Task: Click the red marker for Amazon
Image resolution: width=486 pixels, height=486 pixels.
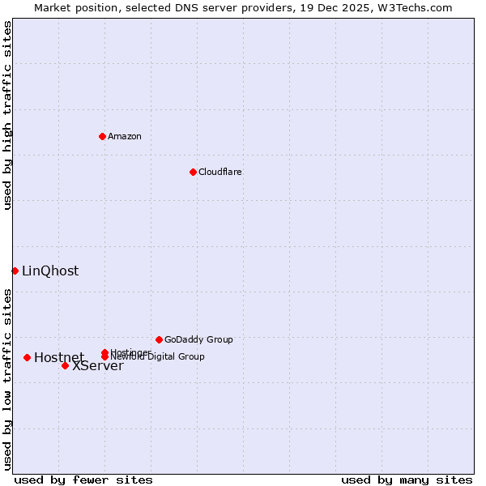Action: [x=102, y=136]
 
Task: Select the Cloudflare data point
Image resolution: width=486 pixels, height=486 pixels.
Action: [x=193, y=172]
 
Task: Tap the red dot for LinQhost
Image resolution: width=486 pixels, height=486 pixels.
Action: [x=15, y=271]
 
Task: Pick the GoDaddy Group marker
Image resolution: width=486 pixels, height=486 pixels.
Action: [x=159, y=339]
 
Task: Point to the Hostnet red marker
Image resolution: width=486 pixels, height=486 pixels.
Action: [x=27, y=357]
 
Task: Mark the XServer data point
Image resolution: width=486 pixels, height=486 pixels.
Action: [x=65, y=365]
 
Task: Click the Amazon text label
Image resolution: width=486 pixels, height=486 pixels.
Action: [x=125, y=136]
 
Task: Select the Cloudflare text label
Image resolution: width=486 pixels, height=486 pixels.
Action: [x=220, y=172]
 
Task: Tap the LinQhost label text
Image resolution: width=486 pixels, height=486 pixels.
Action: [x=50, y=271]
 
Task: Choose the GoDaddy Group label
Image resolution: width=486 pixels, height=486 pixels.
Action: [x=198, y=339]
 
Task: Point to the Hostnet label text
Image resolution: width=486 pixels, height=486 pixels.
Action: [x=58, y=357]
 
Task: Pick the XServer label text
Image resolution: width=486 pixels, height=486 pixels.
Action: [x=98, y=366]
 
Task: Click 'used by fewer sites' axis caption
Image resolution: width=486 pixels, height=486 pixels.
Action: [x=83, y=480]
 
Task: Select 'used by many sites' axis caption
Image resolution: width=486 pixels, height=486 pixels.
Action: [x=407, y=480]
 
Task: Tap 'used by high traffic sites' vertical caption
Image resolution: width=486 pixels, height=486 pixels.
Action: [x=7, y=115]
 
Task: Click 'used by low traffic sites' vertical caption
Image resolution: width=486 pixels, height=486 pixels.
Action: [x=7, y=379]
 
